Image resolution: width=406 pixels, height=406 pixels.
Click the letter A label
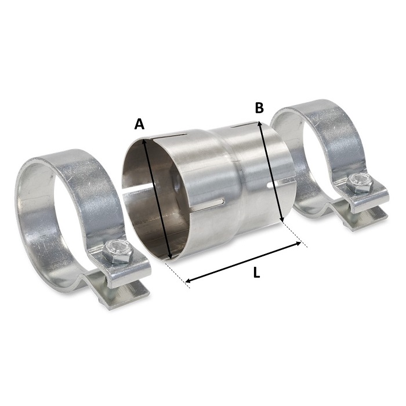click(139, 124)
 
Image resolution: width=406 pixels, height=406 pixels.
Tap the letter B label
click(259, 107)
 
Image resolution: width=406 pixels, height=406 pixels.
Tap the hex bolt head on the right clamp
click(356, 184)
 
